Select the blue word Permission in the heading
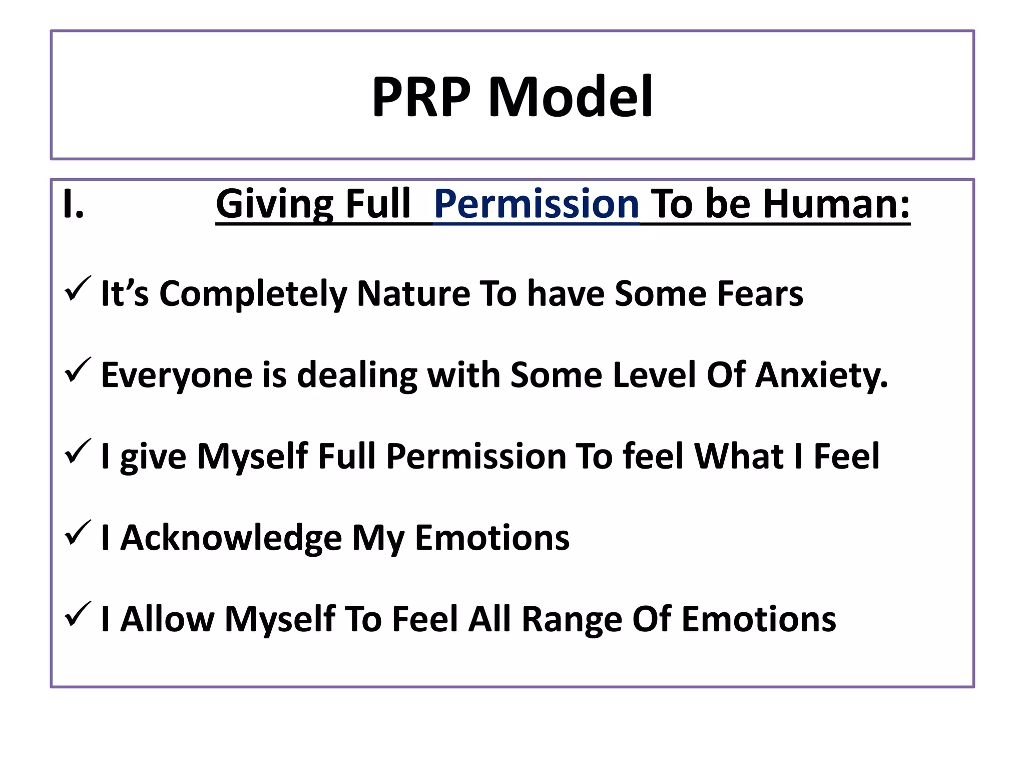coord(537,204)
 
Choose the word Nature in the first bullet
coord(413,293)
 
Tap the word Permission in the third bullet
coord(476,456)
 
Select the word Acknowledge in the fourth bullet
coord(231,538)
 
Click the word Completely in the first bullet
coord(253,293)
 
